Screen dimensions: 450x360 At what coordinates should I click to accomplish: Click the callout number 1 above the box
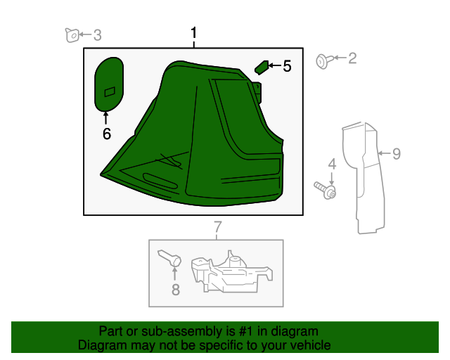(x=194, y=33)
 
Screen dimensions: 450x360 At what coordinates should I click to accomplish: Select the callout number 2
(x=352, y=58)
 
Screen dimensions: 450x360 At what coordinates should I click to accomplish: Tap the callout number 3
(x=98, y=35)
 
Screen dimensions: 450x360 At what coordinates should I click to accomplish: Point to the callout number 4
(x=332, y=164)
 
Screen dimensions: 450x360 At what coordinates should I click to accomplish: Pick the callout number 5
(x=287, y=66)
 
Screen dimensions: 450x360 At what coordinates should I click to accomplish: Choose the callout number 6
(x=107, y=134)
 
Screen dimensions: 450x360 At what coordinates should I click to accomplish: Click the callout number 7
(x=218, y=227)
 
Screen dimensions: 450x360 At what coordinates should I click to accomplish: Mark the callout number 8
(x=176, y=290)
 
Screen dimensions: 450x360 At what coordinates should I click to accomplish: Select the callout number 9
(x=397, y=153)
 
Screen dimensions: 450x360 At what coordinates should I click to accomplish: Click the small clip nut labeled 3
(x=72, y=35)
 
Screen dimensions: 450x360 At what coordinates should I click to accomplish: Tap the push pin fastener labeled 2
(x=324, y=61)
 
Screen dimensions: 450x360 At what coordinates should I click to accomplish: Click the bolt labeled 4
(x=325, y=190)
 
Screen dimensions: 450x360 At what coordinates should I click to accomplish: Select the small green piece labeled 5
(x=262, y=67)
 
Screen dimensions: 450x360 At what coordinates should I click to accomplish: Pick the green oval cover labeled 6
(x=109, y=84)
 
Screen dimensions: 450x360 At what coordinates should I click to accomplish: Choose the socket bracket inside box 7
(x=231, y=272)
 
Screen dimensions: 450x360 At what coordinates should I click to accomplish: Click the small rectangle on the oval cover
(x=110, y=92)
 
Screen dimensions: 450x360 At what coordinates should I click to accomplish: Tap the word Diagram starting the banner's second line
(x=98, y=345)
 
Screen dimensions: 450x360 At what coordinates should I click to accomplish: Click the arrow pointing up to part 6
(x=106, y=118)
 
